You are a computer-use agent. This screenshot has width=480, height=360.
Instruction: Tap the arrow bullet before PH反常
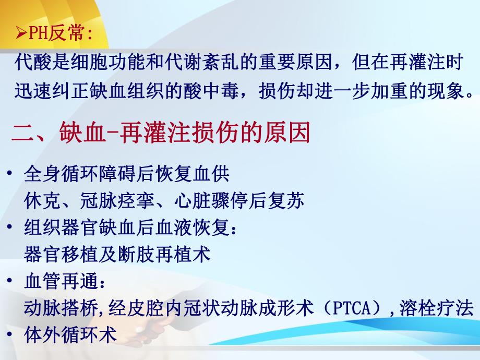click(x=20, y=34)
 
